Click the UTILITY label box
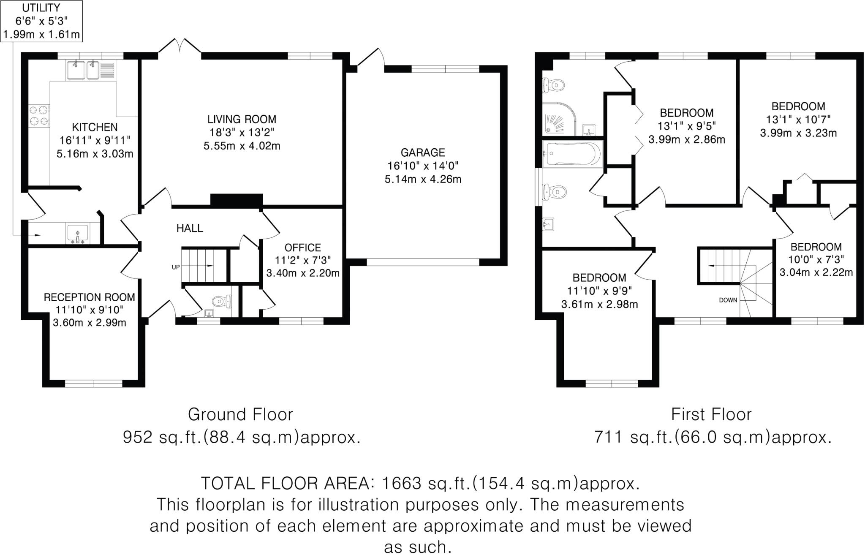(41, 21)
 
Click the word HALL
(190, 229)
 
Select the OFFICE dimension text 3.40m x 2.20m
(303, 273)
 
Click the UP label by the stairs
(175, 267)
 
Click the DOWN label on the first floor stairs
(728, 300)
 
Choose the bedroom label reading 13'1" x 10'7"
(798, 120)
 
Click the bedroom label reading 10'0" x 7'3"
(816, 259)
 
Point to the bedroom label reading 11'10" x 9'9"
(599, 291)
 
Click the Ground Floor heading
(240, 415)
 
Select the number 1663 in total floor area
(401, 483)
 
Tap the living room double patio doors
(180, 46)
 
